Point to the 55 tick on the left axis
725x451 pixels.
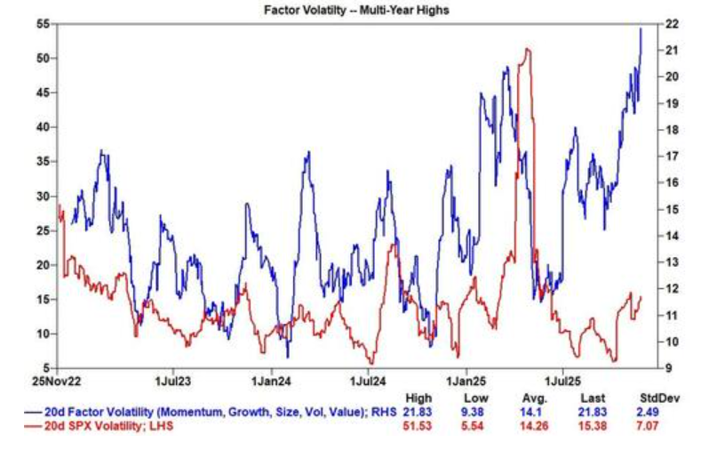[x=42, y=24]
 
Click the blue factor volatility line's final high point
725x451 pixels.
[x=641, y=28]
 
